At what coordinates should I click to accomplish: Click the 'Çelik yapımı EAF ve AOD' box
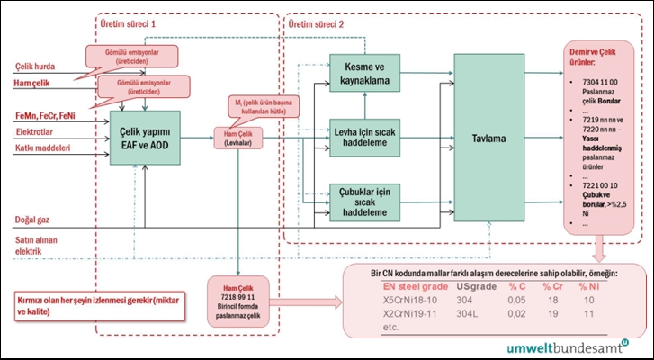coord(145,139)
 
